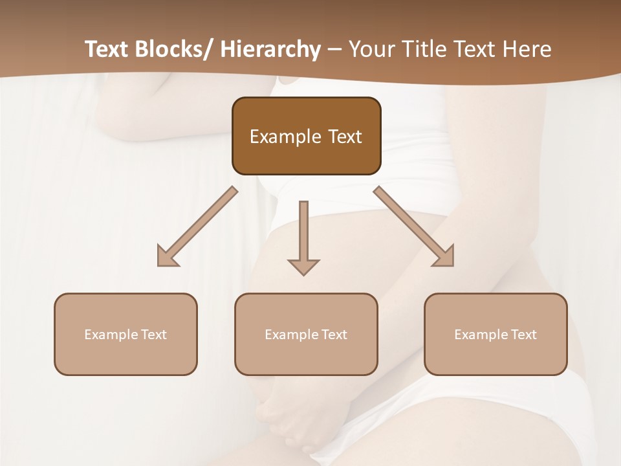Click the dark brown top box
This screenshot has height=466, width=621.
306,136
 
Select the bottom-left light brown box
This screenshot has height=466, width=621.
125,334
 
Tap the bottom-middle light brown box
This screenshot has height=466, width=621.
306,334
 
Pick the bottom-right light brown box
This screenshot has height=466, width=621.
496,334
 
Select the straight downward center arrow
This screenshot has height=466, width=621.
303,236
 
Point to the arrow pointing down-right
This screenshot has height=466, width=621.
414,227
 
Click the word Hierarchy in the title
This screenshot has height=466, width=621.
270,50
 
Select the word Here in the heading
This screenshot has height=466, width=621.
527,50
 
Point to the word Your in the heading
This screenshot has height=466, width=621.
371,50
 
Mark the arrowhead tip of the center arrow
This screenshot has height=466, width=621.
303,274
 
